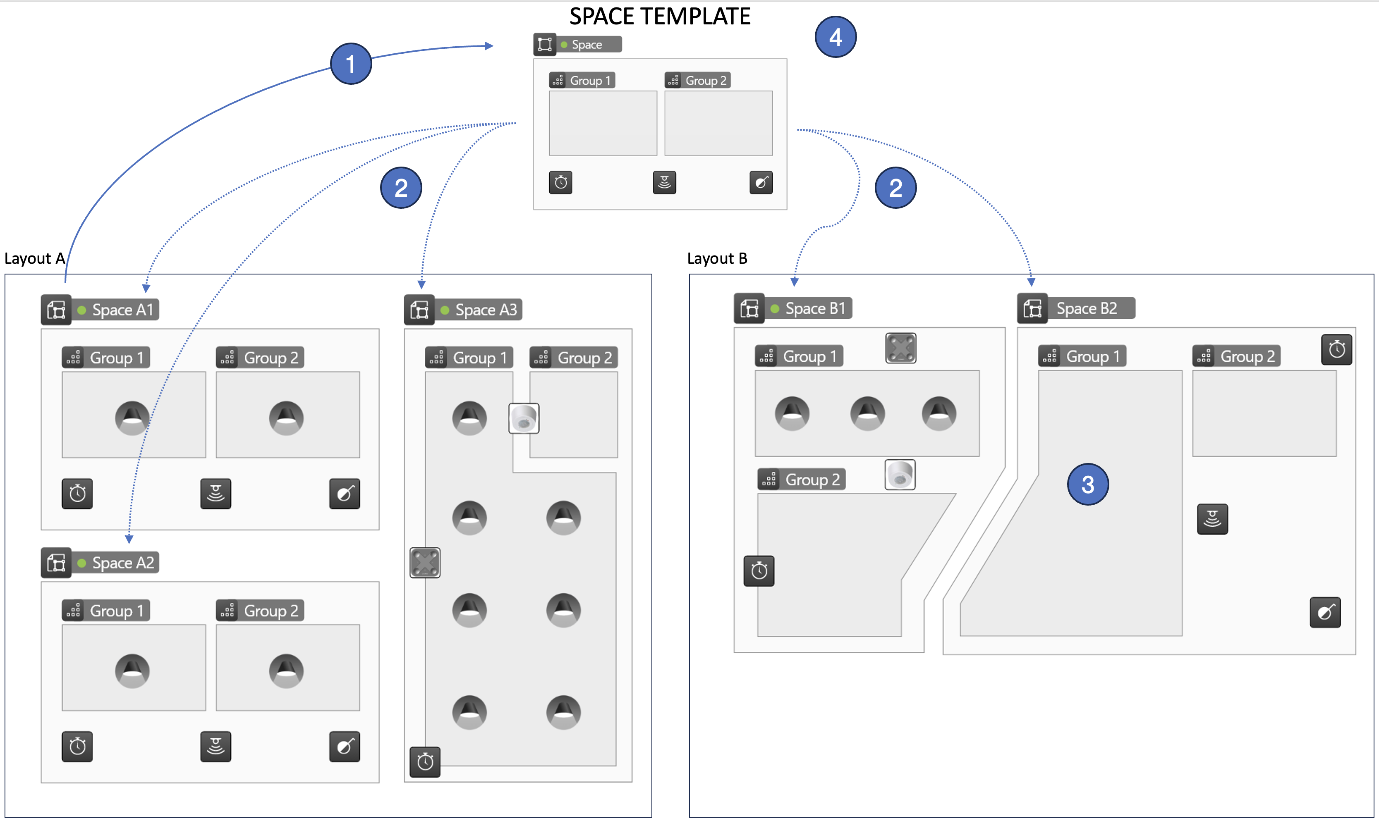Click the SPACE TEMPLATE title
point(660,16)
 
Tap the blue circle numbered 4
point(835,37)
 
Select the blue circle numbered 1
point(350,64)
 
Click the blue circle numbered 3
point(1087,484)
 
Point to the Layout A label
point(34,258)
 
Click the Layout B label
point(717,258)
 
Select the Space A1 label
point(122,310)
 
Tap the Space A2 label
point(122,563)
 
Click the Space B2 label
point(1086,308)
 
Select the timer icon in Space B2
point(1336,350)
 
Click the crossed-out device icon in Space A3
point(424,563)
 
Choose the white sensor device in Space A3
point(524,418)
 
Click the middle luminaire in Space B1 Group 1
point(867,413)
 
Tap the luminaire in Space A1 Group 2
point(286,418)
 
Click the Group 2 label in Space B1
point(812,480)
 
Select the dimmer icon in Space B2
point(1325,612)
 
